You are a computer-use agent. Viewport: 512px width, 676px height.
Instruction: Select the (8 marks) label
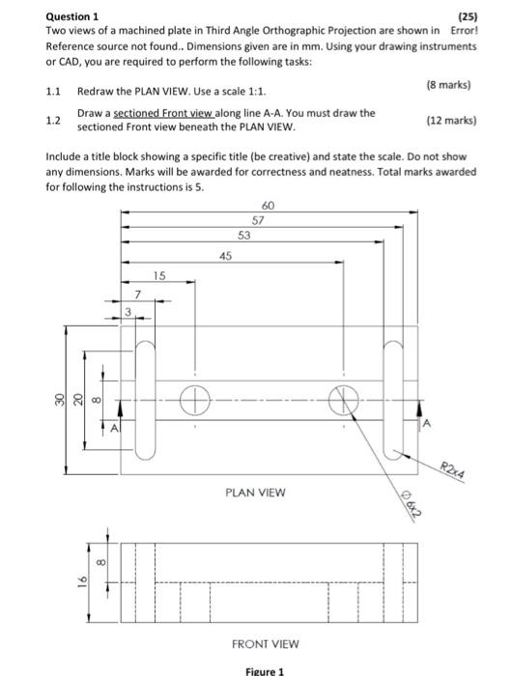[x=447, y=85]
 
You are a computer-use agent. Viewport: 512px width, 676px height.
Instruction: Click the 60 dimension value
[x=269, y=205]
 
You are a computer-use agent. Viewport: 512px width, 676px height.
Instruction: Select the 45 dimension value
[x=226, y=255]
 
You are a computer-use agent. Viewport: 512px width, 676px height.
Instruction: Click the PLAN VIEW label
[x=255, y=492]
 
